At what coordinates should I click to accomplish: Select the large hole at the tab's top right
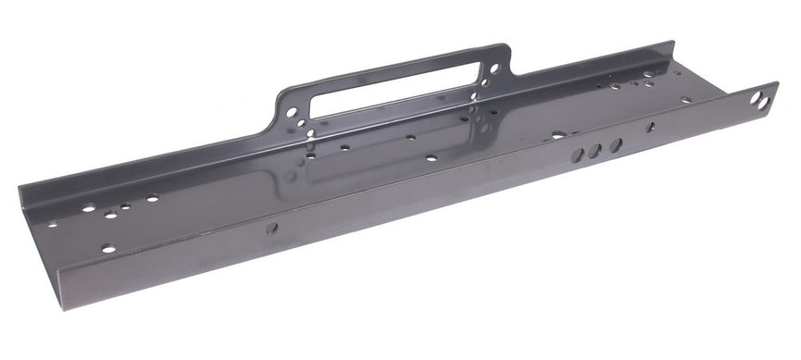coord(494,68)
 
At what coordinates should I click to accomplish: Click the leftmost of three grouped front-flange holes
coord(578,155)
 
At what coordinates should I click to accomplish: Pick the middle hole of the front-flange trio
coord(595,150)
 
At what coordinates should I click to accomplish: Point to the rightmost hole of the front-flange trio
coord(614,144)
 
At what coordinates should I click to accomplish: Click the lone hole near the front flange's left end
coord(272,228)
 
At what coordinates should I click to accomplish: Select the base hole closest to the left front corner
coord(108,248)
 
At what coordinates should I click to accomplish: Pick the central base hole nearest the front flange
coord(432,158)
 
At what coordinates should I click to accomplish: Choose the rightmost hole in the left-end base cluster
coord(151,198)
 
